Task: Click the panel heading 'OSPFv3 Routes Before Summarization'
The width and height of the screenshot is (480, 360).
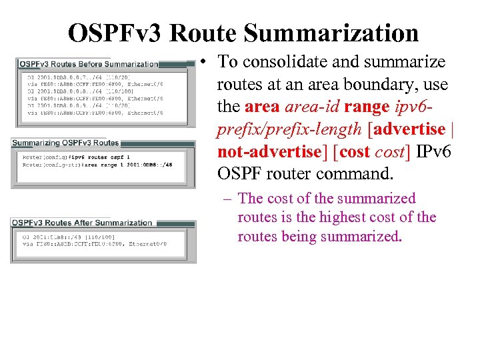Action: click(89, 65)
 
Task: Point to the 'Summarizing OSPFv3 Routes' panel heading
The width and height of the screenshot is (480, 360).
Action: click(65, 143)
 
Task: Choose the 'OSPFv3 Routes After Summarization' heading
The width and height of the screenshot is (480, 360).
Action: click(82, 223)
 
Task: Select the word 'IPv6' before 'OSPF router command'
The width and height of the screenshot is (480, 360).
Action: click(433, 152)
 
